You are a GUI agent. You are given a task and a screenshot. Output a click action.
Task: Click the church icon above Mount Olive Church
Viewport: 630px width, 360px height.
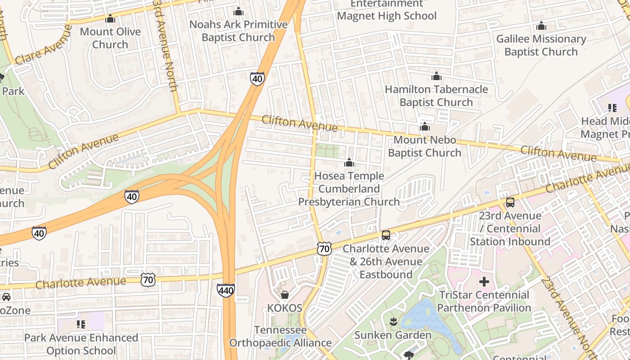[110, 19]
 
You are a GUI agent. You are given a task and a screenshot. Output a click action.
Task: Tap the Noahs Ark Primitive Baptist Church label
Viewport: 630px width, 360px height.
[238, 31]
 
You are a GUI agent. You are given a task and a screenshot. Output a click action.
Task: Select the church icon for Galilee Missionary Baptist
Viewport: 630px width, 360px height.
[541, 26]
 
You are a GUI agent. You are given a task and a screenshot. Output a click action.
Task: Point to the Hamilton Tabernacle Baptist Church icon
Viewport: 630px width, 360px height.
[436, 76]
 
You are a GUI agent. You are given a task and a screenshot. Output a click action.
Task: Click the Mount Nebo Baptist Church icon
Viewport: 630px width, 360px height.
[424, 127]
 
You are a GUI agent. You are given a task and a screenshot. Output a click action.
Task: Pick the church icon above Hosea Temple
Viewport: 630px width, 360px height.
[349, 163]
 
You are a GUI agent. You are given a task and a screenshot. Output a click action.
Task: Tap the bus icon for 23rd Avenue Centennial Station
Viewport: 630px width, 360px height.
[510, 202]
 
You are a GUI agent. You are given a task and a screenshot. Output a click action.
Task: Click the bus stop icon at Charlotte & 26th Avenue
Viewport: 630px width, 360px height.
[386, 235]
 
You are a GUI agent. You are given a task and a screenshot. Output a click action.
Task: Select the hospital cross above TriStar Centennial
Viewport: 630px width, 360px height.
[484, 282]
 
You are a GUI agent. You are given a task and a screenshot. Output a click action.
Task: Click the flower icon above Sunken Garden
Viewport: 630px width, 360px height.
[393, 322]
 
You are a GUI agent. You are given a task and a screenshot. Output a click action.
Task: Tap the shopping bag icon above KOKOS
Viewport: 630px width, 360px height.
[284, 295]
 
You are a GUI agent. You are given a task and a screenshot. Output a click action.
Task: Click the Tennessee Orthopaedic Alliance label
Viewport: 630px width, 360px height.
[280, 337]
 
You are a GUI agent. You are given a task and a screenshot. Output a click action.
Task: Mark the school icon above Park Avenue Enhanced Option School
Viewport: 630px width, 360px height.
[81, 324]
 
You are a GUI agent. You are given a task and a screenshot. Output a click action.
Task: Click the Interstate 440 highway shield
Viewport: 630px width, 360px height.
[225, 290]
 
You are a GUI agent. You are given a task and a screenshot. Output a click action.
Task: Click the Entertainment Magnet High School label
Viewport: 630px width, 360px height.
[387, 10]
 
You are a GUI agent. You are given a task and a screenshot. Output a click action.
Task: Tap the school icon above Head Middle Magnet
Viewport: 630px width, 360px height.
[612, 108]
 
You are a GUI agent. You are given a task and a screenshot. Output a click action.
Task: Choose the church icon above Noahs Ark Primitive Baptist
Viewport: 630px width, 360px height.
[238, 11]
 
